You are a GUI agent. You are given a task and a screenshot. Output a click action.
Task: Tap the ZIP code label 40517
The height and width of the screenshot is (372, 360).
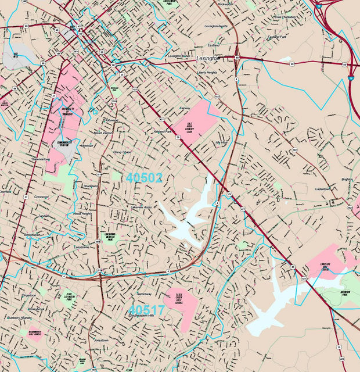coord(147,309)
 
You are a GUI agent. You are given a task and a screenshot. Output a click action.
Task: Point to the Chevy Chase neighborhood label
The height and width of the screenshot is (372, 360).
coord(123,152)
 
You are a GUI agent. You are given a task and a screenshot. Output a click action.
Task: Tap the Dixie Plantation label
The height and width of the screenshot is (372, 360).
coord(286,17)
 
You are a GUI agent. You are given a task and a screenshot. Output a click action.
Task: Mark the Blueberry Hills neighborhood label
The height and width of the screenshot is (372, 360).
coord(19,318)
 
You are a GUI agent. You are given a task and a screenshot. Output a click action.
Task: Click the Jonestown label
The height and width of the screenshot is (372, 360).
coord(100,340)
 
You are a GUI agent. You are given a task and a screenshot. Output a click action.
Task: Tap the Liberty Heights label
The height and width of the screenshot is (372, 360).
coord(207,73)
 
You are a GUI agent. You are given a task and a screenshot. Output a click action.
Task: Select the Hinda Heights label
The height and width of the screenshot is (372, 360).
coord(82,213)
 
